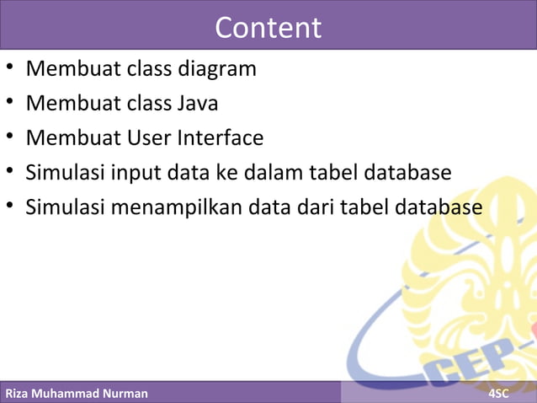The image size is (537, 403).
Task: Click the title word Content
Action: coord(268,28)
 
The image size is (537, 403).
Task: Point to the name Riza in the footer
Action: coord(19,394)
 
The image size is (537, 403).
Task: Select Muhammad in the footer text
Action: coord(66,394)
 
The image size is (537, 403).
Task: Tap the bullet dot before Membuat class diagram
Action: coord(8,69)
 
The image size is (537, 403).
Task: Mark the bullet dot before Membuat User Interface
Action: coord(8,137)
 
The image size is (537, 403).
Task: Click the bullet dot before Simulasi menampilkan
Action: coord(8,207)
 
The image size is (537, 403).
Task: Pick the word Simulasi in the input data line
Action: coord(61,172)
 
